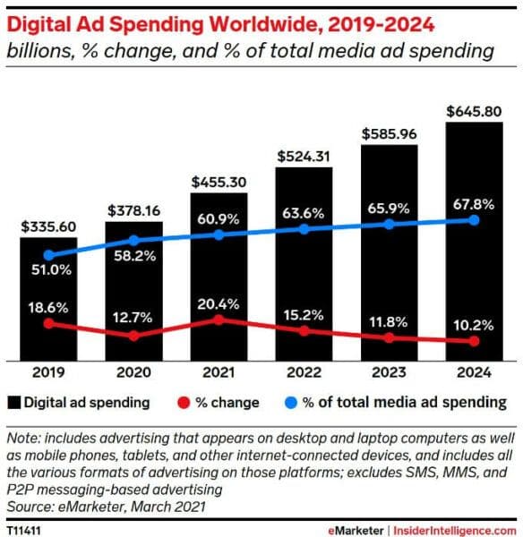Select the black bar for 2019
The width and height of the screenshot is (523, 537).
pyautogui.click(x=48, y=295)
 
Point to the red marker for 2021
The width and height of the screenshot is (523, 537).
pyautogui.click(x=219, y=319)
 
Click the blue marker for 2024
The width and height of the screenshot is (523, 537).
pyautogui.click(x=474, y=220)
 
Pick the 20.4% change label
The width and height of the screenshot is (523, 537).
pyautogui.click(x=219, y=303)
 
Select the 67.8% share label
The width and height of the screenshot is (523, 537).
pyautogui.click(x=474, y=205)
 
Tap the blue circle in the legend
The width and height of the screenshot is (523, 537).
pyautogui.click(x=290, y=402)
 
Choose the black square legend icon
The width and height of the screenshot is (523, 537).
pyautogui.click(x=15, y=402)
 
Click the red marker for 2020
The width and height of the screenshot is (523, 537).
pyautogui.click(x=134, y=336)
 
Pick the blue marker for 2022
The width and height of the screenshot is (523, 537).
pyautogui.click(x=304, y=229)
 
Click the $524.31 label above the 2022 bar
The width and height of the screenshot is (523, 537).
pyautogui.click(x=304, y=157)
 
